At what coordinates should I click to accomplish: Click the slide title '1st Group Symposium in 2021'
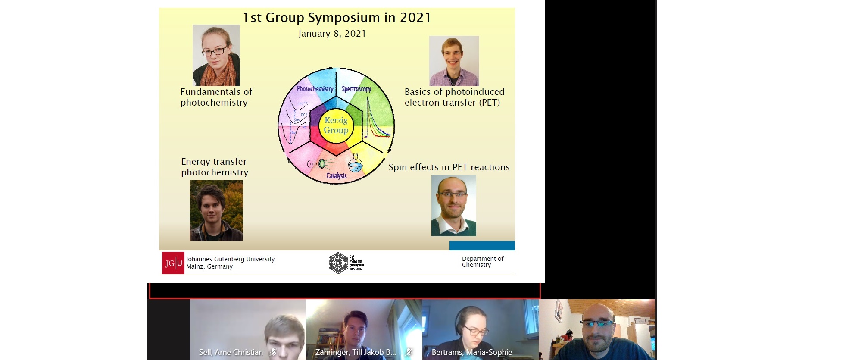click(337, 18)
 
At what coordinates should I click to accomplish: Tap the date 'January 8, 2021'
click(332, 34)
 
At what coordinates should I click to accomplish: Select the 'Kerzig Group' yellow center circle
click(336, 125)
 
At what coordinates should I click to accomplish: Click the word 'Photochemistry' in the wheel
click(315, 89)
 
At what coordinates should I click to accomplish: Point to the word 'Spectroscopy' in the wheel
click(356, 89)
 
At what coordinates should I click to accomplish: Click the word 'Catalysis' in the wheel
click(337, 176)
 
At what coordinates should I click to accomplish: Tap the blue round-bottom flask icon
click(355, 164)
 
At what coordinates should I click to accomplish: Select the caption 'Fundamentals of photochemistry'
click(216, 97)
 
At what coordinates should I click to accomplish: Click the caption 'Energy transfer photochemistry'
click(215, 167)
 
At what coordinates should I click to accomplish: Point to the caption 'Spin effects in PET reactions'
click(449, 167)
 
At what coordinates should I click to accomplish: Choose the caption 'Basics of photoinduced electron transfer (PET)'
click(454, 97)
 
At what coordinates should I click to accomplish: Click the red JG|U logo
click(173, 263)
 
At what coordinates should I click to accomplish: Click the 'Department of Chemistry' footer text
click(482, 262)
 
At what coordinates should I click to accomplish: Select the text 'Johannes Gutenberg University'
click(230, 259)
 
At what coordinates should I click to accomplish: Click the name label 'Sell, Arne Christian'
click(231, 352)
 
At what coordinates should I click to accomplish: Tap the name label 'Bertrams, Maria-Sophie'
click(472, 352)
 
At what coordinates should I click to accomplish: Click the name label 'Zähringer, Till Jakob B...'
click(356, 352)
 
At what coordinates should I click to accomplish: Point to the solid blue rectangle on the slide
click(482, 246)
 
